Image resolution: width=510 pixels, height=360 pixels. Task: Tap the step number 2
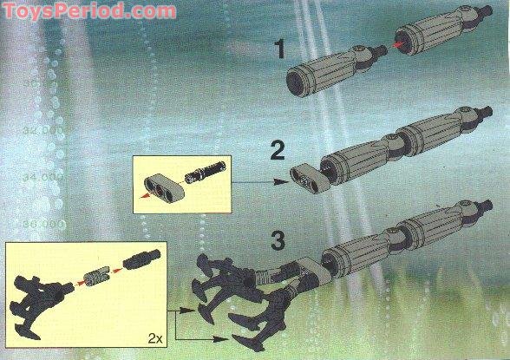pyautogui.click(x=278, y=152)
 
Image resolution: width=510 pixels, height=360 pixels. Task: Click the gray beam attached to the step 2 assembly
pyautogui.click(x=305, y=175)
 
